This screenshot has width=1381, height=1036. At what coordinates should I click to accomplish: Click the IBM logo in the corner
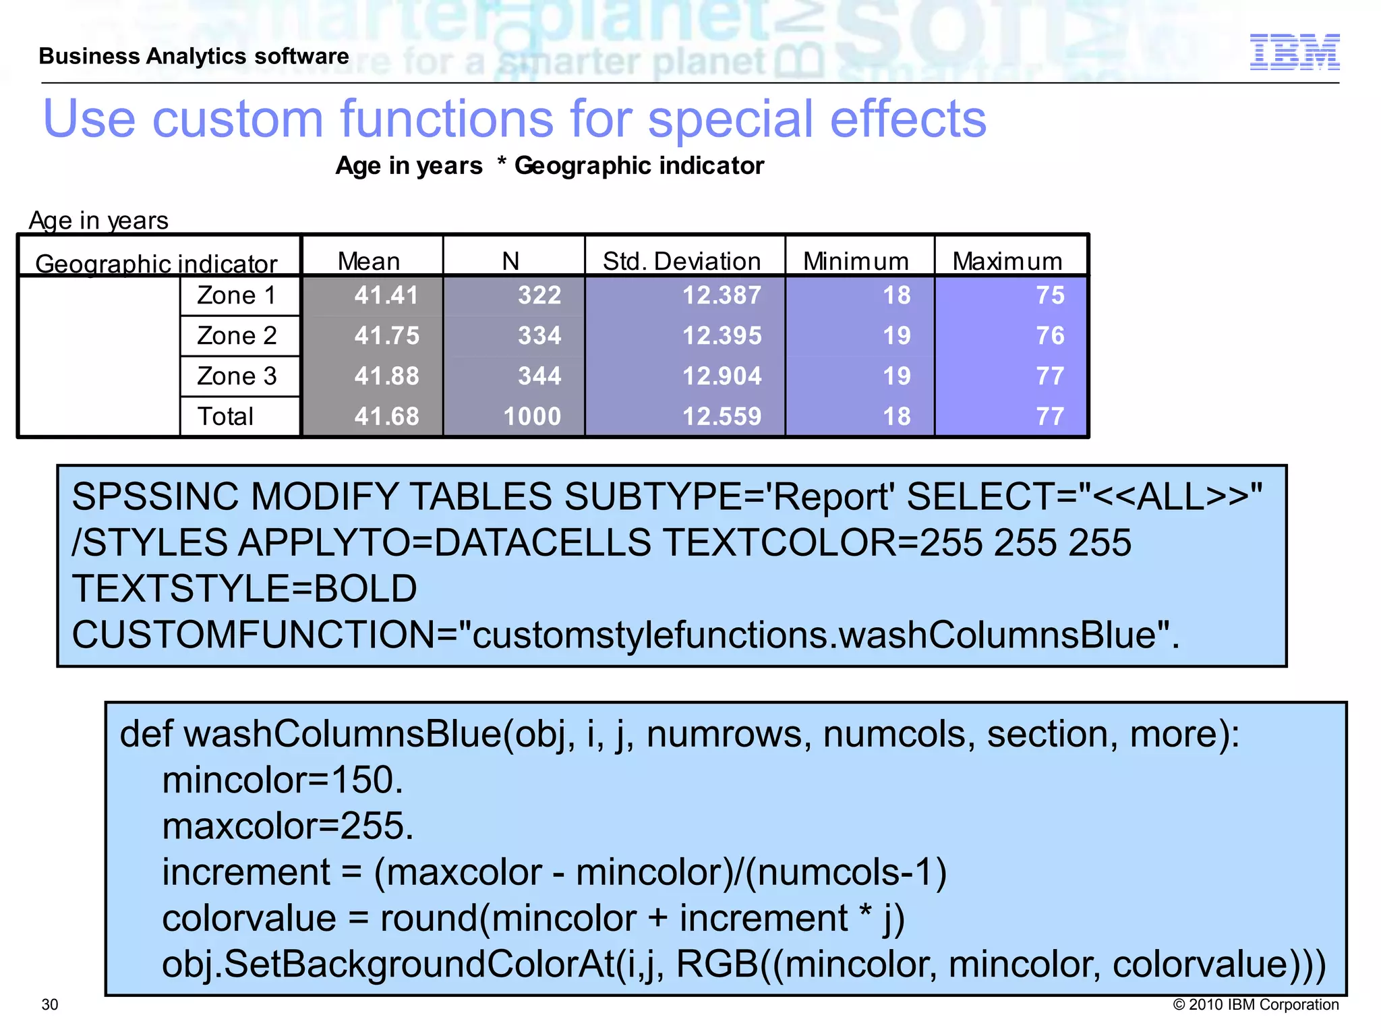[x=1294, y=52]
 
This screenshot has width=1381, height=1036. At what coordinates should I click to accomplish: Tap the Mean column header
[x=369, y=261]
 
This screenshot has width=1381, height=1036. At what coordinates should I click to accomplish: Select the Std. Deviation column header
[x=682, y=261]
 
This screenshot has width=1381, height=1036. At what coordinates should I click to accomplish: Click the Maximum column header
[x=1007, y=261]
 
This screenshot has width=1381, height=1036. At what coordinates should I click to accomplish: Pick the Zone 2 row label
[x=237, y=335]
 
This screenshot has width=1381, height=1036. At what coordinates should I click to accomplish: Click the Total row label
[x=225, y=416]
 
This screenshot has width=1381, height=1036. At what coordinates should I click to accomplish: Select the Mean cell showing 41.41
[x=386, y=295]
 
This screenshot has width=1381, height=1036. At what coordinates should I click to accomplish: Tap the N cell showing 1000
[x=532, y=416]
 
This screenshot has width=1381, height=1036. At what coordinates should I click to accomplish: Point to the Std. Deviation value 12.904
[x=722, y=376]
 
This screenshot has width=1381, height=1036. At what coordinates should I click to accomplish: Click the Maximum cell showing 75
[x=1050, y=295]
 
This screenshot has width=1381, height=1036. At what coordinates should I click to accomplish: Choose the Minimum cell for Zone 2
[x=897, y=335]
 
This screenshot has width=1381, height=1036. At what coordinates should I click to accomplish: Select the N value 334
[x=539, y=335]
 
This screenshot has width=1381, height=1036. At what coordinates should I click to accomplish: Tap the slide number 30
[x=50, y=1004]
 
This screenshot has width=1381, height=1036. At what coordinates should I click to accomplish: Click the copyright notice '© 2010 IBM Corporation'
[x=1256, y=1004]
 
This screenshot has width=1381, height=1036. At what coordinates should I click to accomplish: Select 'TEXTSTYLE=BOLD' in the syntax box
[x=245, y=588]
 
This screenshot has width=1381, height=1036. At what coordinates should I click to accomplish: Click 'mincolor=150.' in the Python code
[x=283, y=780]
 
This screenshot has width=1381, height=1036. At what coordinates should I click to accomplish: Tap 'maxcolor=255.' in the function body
[x=287, y=826]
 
